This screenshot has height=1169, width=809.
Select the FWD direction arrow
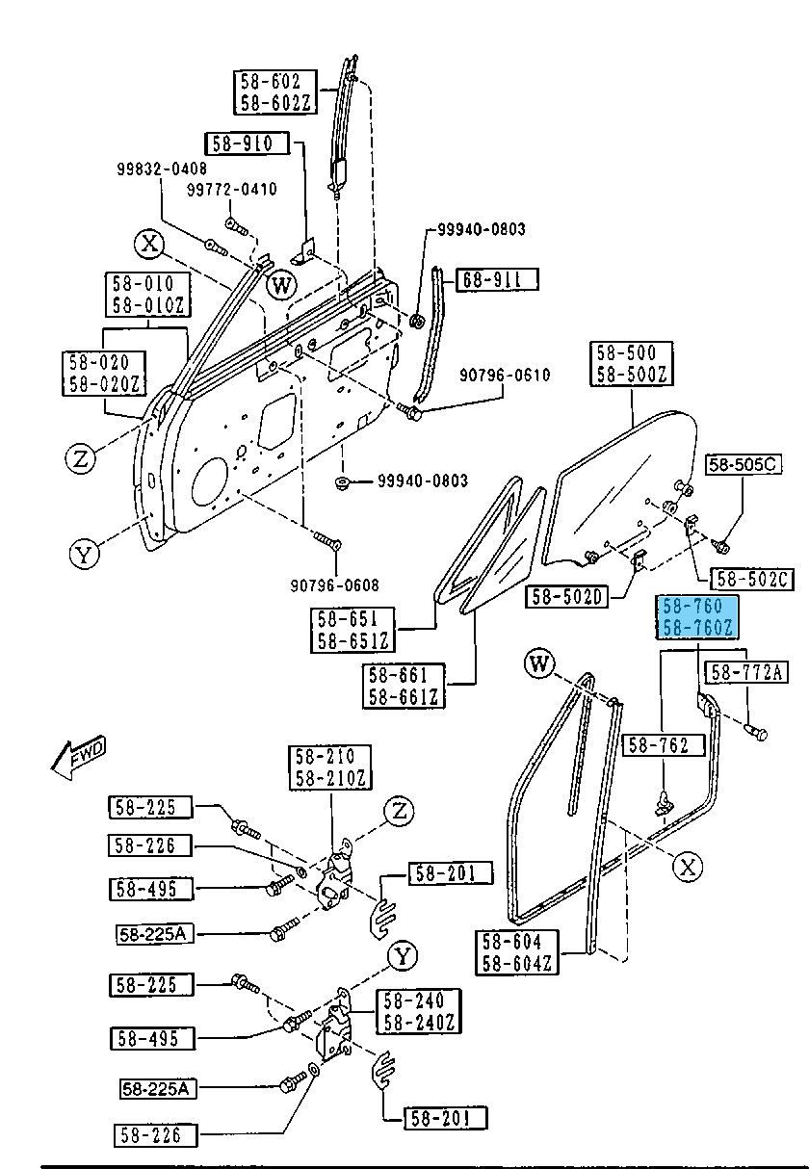[x=77, y=758]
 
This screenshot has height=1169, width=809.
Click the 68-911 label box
[x=497, y=280]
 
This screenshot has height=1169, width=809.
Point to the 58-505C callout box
[x=744, y=465]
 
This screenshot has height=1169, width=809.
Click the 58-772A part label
[x=747, y=672]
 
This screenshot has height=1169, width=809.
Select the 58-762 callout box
[x=665, y=744]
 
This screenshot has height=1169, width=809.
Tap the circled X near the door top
[x=149, y=244]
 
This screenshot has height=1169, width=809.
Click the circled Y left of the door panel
[x=85, y=554]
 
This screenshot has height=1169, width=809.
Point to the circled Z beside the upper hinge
[x=399, y=812]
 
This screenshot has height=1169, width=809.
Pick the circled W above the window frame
[x=541, y=662]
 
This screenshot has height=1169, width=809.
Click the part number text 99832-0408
[x=162, y=169]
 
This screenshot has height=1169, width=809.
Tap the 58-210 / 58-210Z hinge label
[x=325, y=766]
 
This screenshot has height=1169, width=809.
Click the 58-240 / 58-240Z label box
[x=419, y=1011]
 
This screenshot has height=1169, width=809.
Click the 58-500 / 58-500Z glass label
[x=631, y=364]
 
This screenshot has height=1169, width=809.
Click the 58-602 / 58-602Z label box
[x=271, y=91]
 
